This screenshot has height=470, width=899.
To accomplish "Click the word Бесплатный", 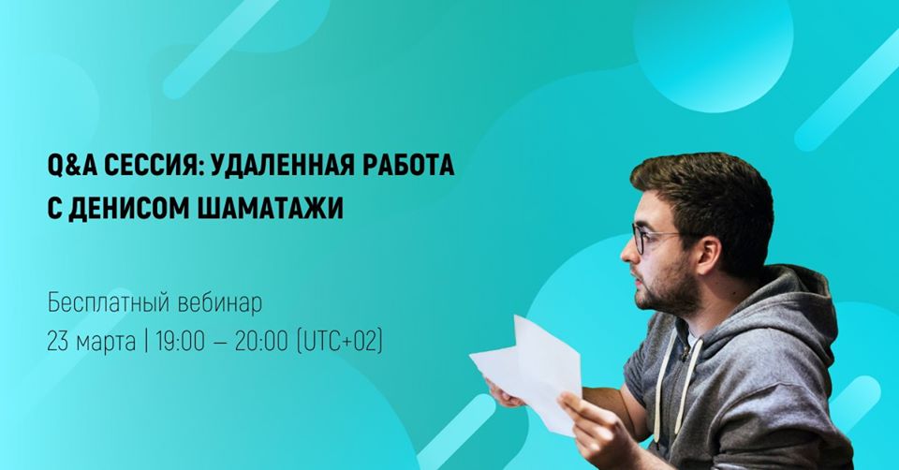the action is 109,303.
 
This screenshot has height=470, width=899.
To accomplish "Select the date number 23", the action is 58,342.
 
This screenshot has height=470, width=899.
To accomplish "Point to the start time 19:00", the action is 180,342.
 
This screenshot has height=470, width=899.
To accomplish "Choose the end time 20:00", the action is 261,342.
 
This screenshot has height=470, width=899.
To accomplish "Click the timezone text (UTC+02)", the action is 339,342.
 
